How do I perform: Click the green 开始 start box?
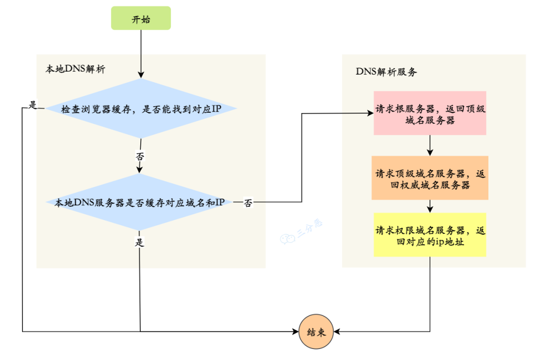[141, 19]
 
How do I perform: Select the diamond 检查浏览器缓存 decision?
[141, 108]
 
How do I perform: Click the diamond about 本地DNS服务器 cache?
[141, 202]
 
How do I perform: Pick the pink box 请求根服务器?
[430, 113]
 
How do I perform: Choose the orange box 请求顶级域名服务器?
[430, 178]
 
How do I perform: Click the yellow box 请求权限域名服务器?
[430, 235]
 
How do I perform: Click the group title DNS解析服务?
[386, 72]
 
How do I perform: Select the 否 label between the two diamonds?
[140, 156]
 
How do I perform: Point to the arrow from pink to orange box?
[430, 145]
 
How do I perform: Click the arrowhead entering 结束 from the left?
[296, 331]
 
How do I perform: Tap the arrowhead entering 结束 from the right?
[337, 331]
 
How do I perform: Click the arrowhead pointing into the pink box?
[370, 113]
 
